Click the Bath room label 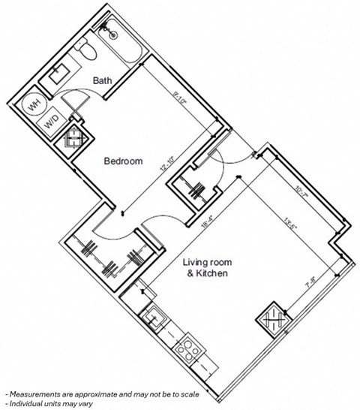click(x=103, y=80)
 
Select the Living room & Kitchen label click(x=206, y=268)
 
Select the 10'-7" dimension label click(x=302, y=194)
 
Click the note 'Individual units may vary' click(x=50, y=402)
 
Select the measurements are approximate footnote click(x=88, y=393)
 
